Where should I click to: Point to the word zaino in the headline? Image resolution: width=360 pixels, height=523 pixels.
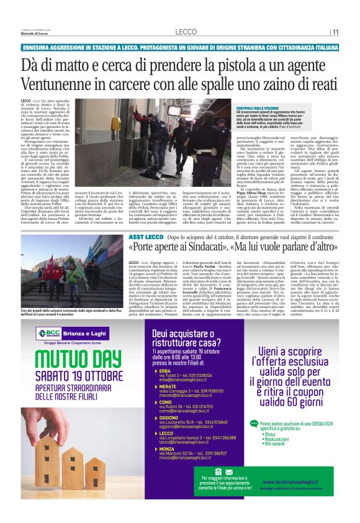261,84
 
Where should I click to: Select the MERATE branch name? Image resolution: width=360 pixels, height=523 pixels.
167,386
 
